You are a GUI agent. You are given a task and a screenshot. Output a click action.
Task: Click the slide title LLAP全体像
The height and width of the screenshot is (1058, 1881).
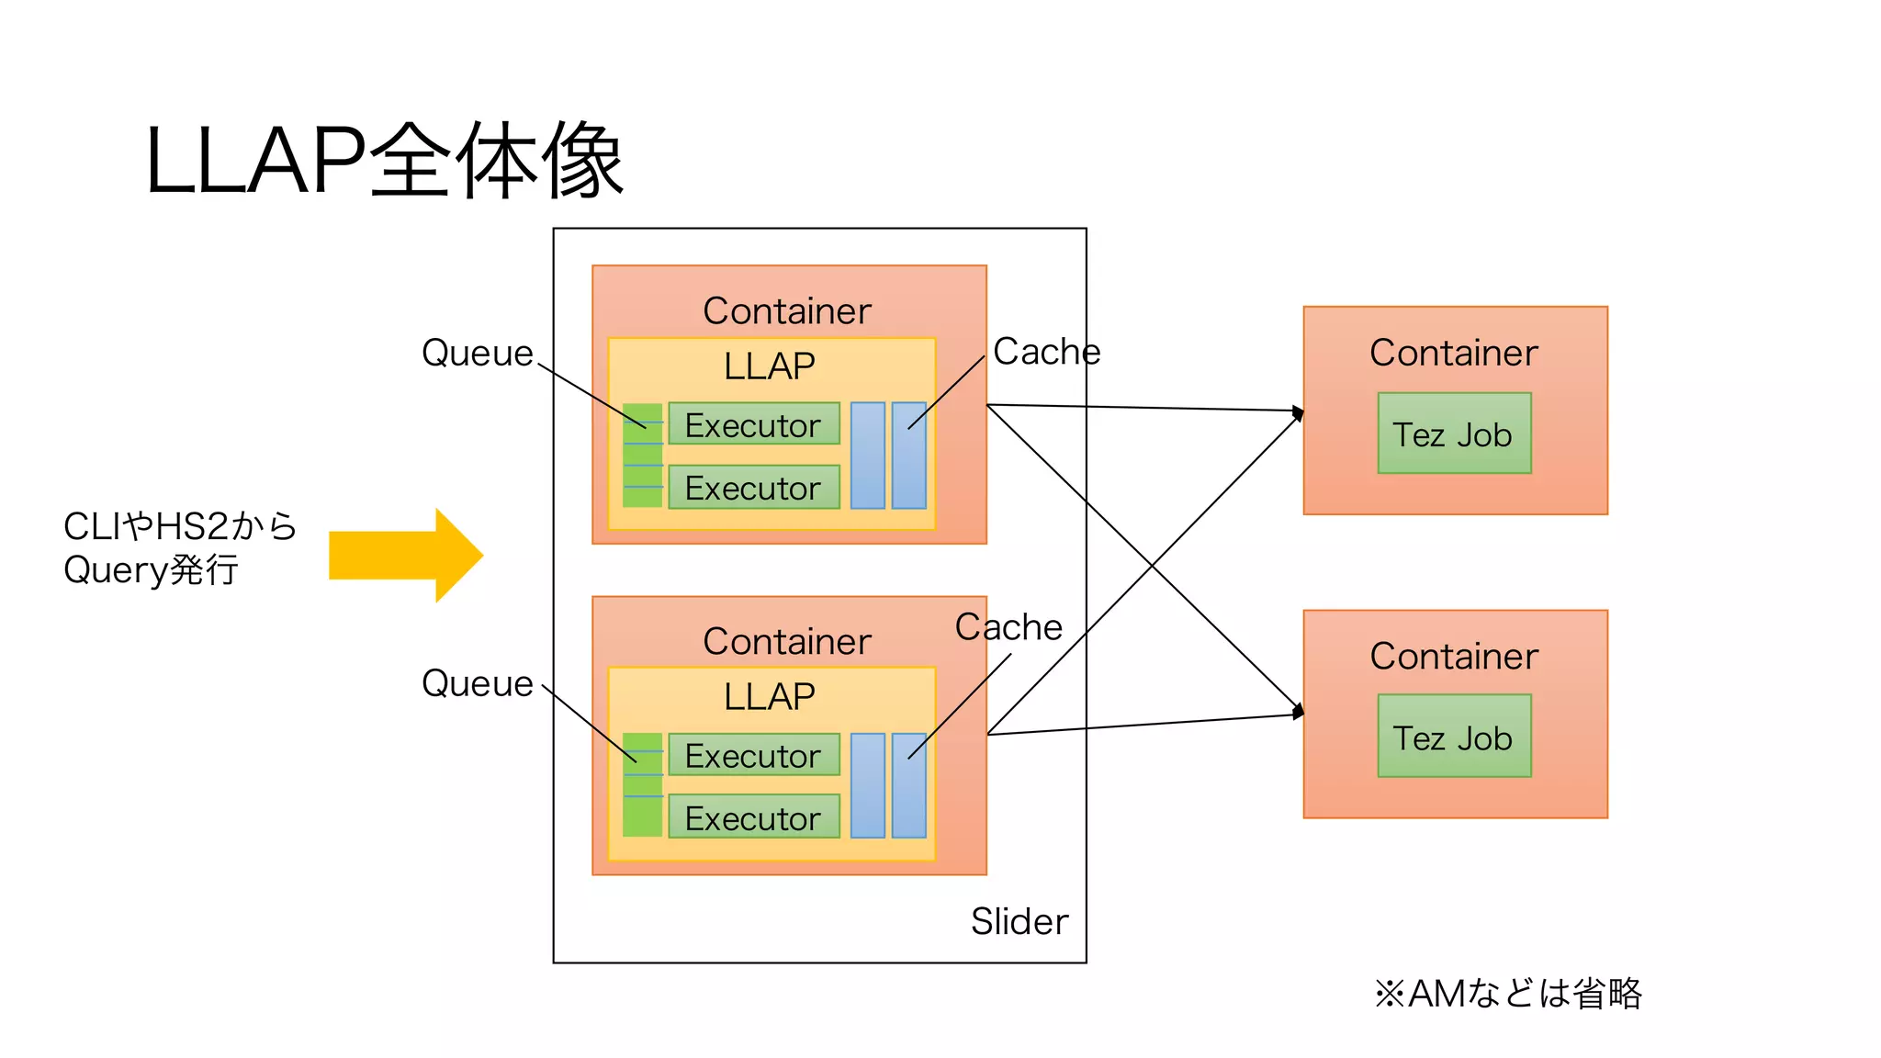coord(384,162)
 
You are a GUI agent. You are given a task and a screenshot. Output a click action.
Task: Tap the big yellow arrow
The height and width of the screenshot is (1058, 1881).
coord(405,555)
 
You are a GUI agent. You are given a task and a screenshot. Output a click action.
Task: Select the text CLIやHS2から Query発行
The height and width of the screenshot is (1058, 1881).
coord(179,548)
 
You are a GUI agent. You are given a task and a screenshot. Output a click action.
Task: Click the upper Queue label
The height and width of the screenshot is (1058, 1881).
coord(477,353)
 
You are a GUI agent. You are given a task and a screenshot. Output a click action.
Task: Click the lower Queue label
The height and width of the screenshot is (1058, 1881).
coord(477,683)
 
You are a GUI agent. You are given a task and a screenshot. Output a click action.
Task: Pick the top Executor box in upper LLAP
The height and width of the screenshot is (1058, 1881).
coord(753,424)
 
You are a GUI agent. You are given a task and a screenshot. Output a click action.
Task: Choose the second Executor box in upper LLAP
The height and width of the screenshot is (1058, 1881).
coord(753,487)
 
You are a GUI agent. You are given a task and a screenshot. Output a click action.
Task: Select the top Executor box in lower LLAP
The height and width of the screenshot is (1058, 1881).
coord(753,755)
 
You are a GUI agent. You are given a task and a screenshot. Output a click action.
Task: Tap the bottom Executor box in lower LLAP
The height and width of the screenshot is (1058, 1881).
coord(753,816)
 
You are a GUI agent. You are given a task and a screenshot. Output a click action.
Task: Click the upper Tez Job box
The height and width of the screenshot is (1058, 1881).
coord(1454,433)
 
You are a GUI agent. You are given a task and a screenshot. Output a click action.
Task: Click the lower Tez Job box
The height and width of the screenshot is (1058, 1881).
coord(1454,737)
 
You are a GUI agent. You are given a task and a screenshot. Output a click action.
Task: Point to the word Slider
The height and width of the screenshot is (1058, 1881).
coord(1019,921)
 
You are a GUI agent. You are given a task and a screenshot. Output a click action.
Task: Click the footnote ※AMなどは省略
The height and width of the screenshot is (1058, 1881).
coord(1507,993)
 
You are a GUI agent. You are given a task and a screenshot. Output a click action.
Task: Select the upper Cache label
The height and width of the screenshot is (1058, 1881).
coord(1046,352)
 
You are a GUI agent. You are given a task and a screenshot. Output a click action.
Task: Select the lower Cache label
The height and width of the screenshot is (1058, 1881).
coord(1008,627)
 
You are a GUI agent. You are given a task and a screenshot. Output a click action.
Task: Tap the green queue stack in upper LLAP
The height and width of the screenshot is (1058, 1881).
coord(642,456)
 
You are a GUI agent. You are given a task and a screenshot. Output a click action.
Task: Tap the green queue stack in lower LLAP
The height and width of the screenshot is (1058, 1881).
coord(642,785)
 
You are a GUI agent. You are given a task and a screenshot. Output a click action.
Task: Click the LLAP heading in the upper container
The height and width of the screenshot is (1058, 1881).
coord(770,366)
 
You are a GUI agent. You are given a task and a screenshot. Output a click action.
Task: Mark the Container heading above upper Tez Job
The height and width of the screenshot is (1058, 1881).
coord(1454,353)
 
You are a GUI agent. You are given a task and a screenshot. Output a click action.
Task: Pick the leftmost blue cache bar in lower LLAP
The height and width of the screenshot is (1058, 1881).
coord(867,785)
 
